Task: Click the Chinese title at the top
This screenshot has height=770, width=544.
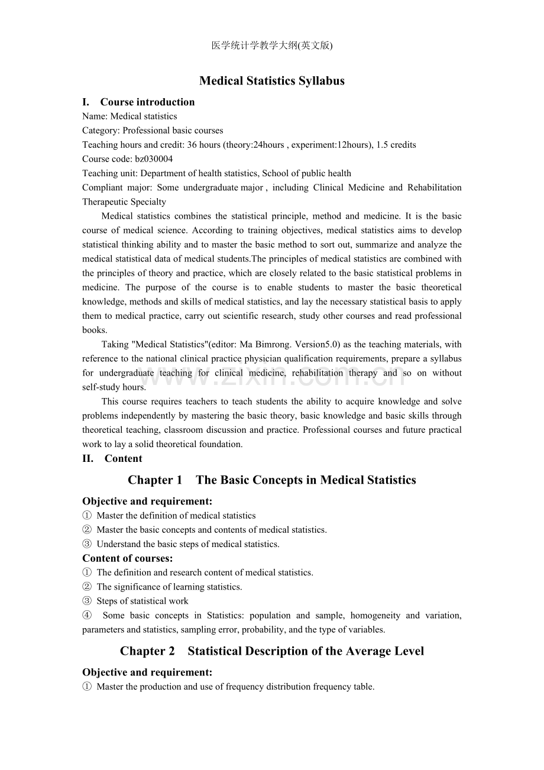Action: click(272, 46)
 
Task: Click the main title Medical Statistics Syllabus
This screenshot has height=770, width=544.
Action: click(272, 81)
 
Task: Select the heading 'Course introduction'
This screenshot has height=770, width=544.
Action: click(147, 102)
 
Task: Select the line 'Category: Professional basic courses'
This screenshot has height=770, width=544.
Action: click(153, 131)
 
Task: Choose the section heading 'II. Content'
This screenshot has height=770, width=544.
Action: click(112, 458)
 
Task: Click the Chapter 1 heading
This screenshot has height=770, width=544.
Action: click(272, 480)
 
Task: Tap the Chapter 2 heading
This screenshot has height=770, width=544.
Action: click(272, 651)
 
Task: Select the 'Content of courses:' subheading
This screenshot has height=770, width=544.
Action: click(128, 558)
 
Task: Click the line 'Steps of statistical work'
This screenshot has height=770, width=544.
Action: click(143, 601)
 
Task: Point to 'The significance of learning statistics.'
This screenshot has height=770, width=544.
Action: click(169, 587)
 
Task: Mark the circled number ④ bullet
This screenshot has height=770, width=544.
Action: click(87, 615)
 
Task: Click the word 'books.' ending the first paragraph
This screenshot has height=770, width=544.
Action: click(95, 330)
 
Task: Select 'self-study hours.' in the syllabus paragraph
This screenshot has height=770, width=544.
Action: click(114, 387)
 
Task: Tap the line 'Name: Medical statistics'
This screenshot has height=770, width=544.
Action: click(129, 117)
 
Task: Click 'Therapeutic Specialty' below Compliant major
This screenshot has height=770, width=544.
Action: click(124, 202)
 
